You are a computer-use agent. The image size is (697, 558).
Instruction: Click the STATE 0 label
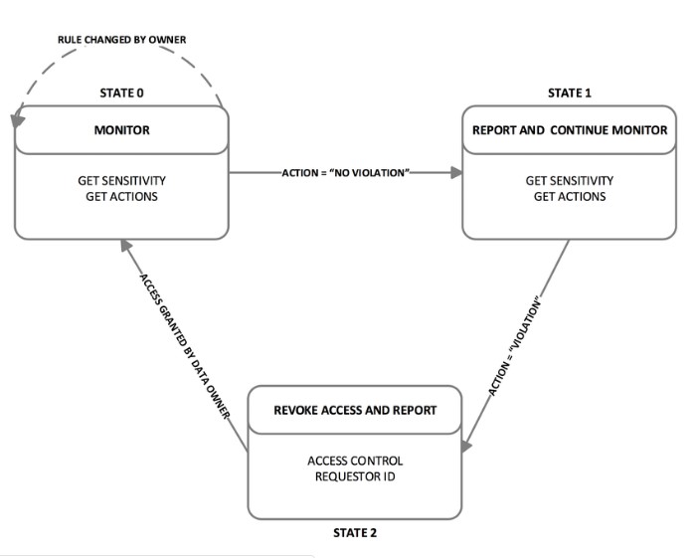point(122,93)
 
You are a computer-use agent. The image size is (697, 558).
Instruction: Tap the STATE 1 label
point(570,93)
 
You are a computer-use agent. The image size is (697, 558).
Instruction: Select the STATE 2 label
point(355,532)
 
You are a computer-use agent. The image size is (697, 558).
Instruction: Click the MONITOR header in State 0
point(122,130)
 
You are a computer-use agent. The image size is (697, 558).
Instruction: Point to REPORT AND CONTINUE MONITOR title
point(570,130)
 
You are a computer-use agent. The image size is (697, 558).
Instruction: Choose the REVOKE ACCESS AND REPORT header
point(355,410)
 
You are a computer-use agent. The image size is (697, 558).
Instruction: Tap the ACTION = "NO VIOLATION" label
point(346,172)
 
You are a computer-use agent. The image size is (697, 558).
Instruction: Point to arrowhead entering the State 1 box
point(457,172)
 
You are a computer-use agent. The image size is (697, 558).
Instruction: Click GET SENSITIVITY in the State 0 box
point(122,181)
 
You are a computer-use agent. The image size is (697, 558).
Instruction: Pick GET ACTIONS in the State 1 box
point(570,197)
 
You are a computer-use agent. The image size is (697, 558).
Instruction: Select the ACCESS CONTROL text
point(355,461)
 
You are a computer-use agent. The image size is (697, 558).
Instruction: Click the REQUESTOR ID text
point(355,476)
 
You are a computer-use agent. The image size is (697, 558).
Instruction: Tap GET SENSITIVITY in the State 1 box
point(570,181)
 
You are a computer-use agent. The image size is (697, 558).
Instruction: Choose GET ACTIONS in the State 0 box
point(122,197)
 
